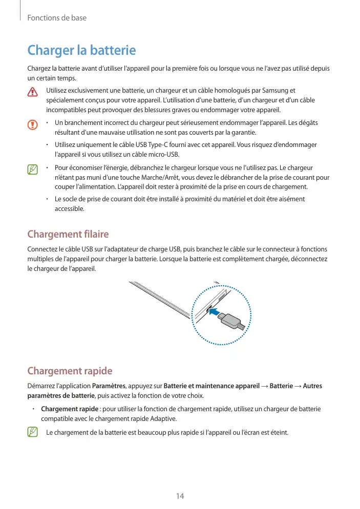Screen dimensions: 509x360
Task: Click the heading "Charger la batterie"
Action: coord(81,51)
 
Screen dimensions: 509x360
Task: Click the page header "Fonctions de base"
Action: coord(57,18)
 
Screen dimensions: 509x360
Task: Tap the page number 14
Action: coord(180,496)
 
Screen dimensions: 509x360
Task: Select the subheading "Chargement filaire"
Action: coord(68,235)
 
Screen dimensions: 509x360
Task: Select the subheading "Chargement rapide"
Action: coord(69,371)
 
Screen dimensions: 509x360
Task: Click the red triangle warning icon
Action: coord(33,92)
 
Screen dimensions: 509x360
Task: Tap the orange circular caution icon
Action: coord(33,124)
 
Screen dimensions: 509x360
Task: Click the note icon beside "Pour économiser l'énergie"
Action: coord(33,168)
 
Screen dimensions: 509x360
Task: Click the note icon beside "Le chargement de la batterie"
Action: coord(33,433)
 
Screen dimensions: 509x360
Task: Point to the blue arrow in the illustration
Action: coord(217,311)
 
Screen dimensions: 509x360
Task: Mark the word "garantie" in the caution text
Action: coord(242,133)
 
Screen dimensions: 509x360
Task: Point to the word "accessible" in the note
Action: coord(69,208)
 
